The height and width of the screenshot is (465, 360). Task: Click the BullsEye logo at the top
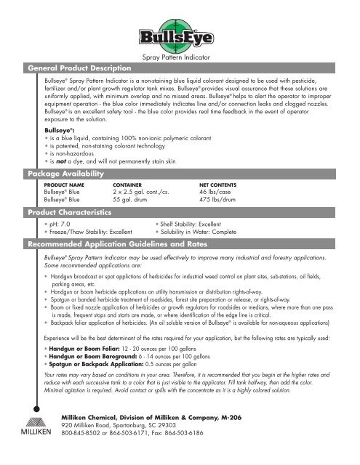(x=179, y=33)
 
